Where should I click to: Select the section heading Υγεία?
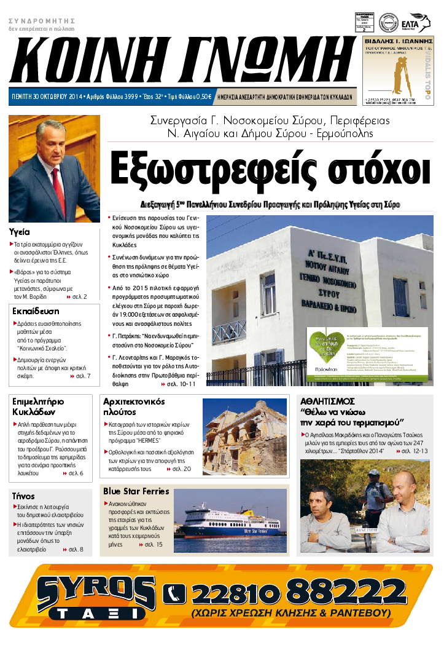tap(20, 232)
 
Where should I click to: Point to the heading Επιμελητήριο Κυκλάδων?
tap(38, 406)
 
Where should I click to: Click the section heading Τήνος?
tap(23, 496)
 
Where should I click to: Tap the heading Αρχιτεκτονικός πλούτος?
tap(133, 406)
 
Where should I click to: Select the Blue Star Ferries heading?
tap(136, 491)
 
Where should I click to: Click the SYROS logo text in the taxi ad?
tap(95, 590)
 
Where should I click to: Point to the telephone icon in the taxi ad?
tap(175, 593)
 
